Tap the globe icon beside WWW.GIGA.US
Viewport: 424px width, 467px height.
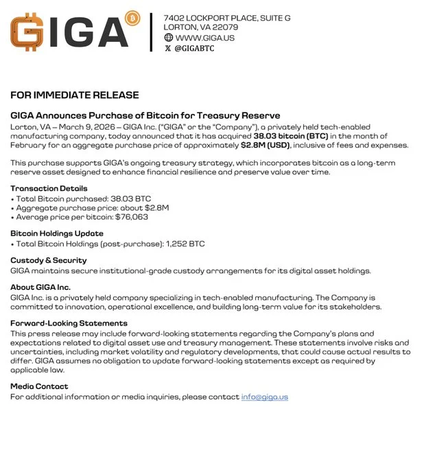point(169,38)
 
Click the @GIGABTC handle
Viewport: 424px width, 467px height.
point(195,49)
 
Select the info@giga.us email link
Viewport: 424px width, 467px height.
point(264,397)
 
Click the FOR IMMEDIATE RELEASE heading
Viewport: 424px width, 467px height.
point(74,95)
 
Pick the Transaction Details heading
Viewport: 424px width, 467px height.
point(49,188)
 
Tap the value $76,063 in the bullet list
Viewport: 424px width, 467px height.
point(132,216)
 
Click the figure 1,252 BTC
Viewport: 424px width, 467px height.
point(187,244)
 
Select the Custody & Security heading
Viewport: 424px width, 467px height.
point(48,260)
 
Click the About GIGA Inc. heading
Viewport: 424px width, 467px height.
point(40,287)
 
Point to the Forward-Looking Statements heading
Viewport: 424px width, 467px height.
point(69,323)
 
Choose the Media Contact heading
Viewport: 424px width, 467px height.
point(39,387)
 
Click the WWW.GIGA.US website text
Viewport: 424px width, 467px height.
point(205,38)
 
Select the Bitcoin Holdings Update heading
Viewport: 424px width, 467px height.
point(56,233)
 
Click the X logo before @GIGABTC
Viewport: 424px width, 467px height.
point(168,49)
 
